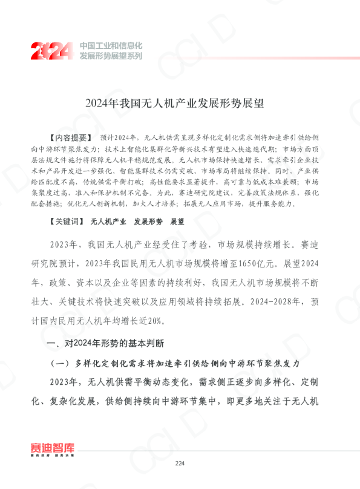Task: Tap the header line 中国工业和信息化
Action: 111,45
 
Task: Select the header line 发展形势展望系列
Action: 111,56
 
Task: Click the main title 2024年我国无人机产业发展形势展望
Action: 180,103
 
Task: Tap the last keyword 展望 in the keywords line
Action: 177,222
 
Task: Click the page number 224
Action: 179,463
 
